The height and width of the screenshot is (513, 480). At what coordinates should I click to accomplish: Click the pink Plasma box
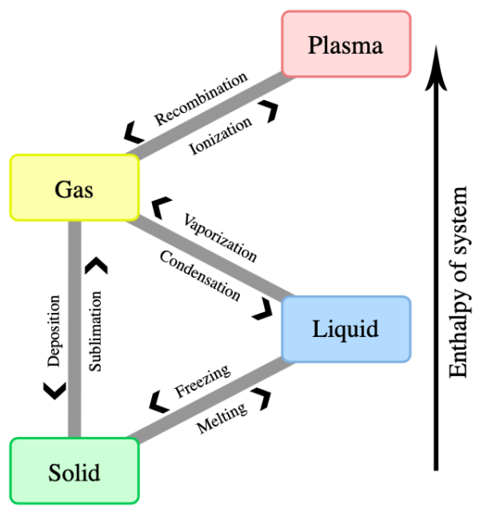pos(346,44)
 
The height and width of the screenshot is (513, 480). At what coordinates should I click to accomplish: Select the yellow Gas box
pos(74,187)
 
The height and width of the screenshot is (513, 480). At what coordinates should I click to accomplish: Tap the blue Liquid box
pos(346,328)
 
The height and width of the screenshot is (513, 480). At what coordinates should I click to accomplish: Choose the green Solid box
pos(74,471)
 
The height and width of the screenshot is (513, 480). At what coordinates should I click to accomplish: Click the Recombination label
pos(201,99)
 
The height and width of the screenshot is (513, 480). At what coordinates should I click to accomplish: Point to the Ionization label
pos(221,135)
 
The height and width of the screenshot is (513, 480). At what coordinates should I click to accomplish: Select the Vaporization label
pos(220,232)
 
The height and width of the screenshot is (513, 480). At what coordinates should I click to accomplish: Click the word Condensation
pos(199,274)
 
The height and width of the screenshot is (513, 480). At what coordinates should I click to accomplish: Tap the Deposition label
pos(54,332)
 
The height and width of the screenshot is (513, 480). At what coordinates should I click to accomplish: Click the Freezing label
pos(202,381)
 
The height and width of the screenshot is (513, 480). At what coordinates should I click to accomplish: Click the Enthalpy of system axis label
pos(459,281)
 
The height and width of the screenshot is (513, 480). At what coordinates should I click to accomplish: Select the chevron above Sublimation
pos(97,266)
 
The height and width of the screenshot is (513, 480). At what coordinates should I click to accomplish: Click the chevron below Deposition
pos(53,389)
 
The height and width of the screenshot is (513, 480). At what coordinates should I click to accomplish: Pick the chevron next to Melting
pos(263,399)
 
